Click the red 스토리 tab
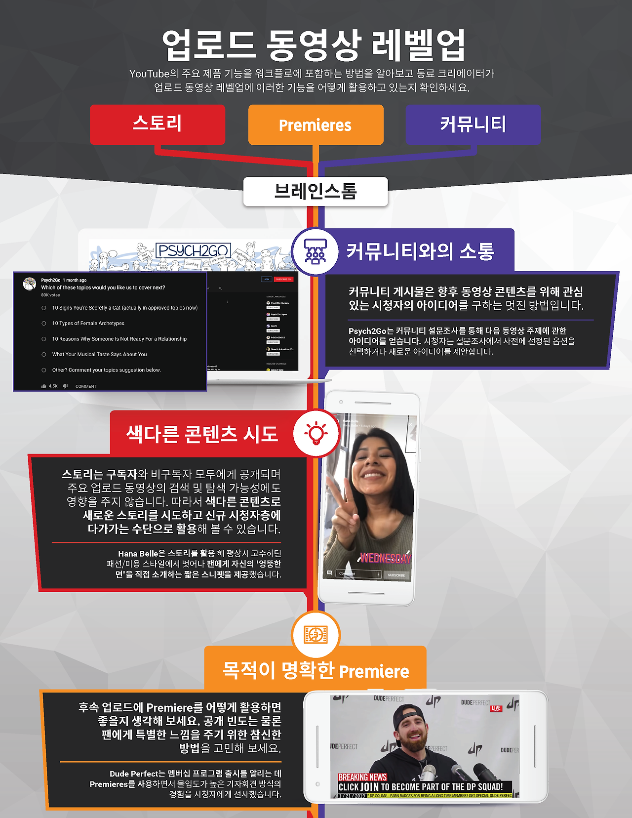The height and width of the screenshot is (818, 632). (x=158, y=124)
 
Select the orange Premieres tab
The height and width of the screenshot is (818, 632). (x=316, y=125)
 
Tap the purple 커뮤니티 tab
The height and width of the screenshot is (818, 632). (x=473, y=124)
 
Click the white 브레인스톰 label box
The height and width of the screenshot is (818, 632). (x=316, y=191)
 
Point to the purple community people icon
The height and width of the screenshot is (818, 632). (x=315, y=251)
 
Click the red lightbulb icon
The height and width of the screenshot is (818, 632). (x=316, y=433)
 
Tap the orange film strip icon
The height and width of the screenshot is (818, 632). (x=316, y=635)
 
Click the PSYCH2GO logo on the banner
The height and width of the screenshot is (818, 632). (x=193, y=250)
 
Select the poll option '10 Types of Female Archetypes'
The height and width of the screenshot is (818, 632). (x=88, y=323)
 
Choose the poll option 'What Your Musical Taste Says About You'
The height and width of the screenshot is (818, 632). (x=99, y=354)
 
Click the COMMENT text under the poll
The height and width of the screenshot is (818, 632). (x=86, y=386)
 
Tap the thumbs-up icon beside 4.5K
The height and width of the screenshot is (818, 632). (x=44, y=386)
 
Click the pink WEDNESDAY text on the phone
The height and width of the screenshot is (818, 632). (x=385, y=558)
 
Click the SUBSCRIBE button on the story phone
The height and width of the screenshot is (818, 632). (x=396, y=575)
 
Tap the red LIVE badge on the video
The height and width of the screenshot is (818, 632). (x=496, y=708)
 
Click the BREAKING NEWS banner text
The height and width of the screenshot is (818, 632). (x=362, y=777)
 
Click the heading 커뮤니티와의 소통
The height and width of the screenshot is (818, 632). (x=420, y=251)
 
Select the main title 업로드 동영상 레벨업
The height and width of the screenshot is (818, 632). (x=315, y=45)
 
